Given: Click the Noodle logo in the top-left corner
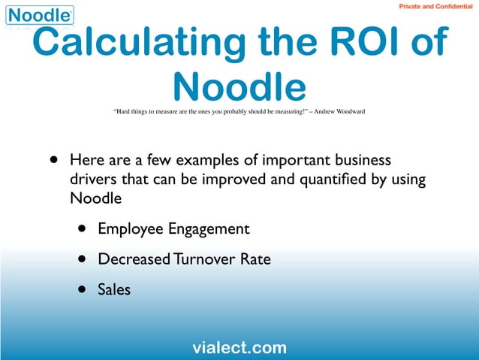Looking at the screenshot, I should [40, 15].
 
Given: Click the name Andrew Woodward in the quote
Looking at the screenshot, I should [340, 112].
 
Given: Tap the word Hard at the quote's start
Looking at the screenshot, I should [123, 112].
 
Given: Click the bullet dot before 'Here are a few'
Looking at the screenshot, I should [53, 161].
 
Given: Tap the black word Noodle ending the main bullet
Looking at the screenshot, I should [95, 199].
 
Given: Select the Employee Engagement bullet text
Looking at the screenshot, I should [173, 228].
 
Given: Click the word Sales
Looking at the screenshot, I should [114, 289].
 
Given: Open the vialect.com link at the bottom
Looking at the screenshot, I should [239, 347].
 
